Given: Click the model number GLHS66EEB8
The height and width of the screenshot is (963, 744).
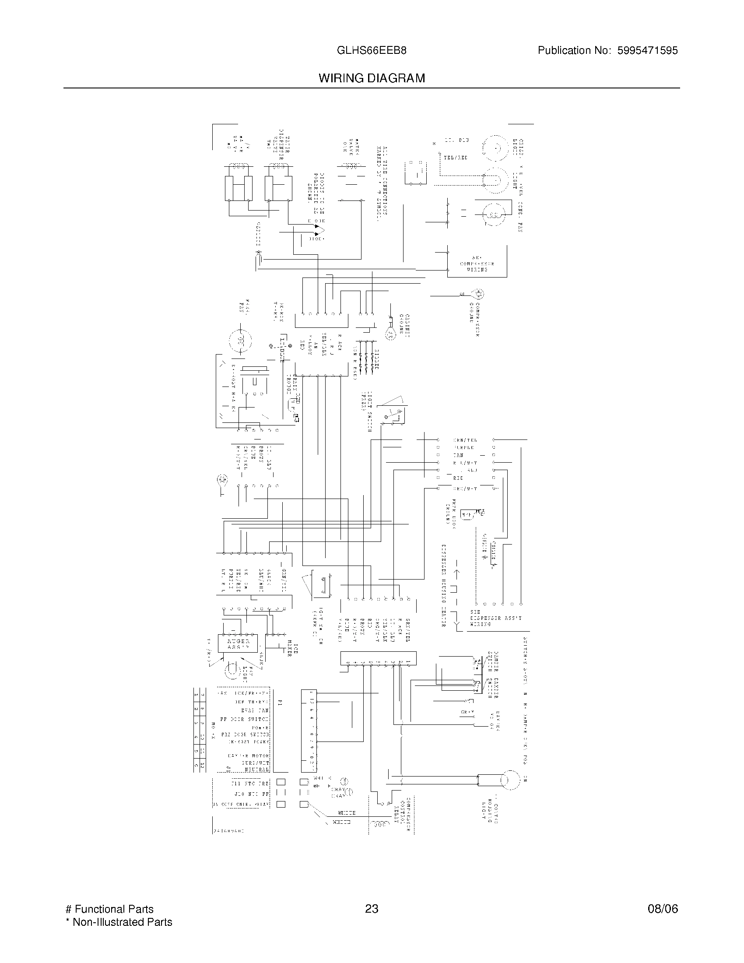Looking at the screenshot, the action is (x=371, y=51).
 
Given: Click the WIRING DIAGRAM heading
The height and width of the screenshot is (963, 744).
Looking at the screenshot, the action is (x=372, y=78).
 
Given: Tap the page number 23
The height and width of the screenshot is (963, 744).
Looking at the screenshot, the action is (x=372, y=909).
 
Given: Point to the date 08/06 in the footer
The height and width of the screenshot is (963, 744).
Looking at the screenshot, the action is (x=663, y=909).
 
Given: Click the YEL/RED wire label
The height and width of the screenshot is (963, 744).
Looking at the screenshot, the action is (x=455, y=158).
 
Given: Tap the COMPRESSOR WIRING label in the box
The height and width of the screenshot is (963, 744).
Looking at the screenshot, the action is (x=477, y=263).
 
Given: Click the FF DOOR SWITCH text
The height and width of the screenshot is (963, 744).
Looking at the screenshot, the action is (x=245, y=719).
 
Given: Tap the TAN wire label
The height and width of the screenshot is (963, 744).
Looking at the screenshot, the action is (x=458, y=455).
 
